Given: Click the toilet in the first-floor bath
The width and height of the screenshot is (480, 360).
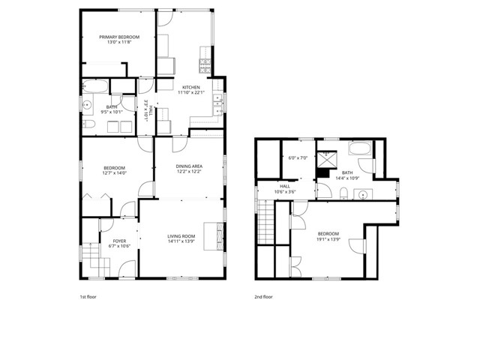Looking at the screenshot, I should point(88,124).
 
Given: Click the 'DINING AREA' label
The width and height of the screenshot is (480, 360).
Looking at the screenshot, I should point(188,166).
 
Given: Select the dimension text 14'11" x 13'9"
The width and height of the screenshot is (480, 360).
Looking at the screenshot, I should point(181,242).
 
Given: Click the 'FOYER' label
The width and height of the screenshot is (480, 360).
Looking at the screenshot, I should point(108,241).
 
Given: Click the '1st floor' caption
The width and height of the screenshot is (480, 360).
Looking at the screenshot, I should point(88,297).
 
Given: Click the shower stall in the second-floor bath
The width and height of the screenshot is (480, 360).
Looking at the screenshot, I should point(327,158).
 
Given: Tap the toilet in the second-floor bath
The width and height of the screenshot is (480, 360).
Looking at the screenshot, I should point(342,194).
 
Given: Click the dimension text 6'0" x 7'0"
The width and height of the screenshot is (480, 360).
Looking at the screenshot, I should point(298,158).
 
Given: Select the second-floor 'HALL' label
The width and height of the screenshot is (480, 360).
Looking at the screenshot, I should point(285,186).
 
